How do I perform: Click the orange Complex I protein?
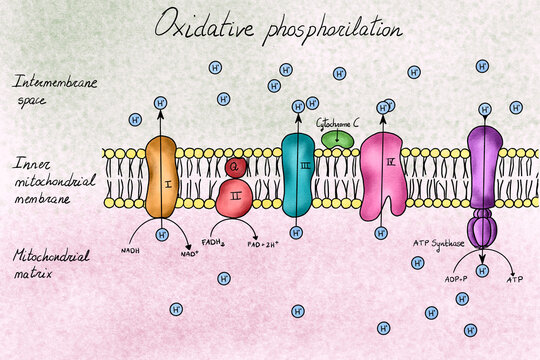[x=161, y=178]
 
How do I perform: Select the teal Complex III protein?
[x=298, y=176]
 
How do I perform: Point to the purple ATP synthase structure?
[x=483, y=180]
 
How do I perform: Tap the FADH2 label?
[x=212, y=242]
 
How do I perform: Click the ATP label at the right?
[x=515, y=280]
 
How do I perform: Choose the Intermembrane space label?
[x=54, y=90]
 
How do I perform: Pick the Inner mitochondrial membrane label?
[x=56, y=179]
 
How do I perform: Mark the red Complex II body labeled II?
[x=236, y=197]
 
